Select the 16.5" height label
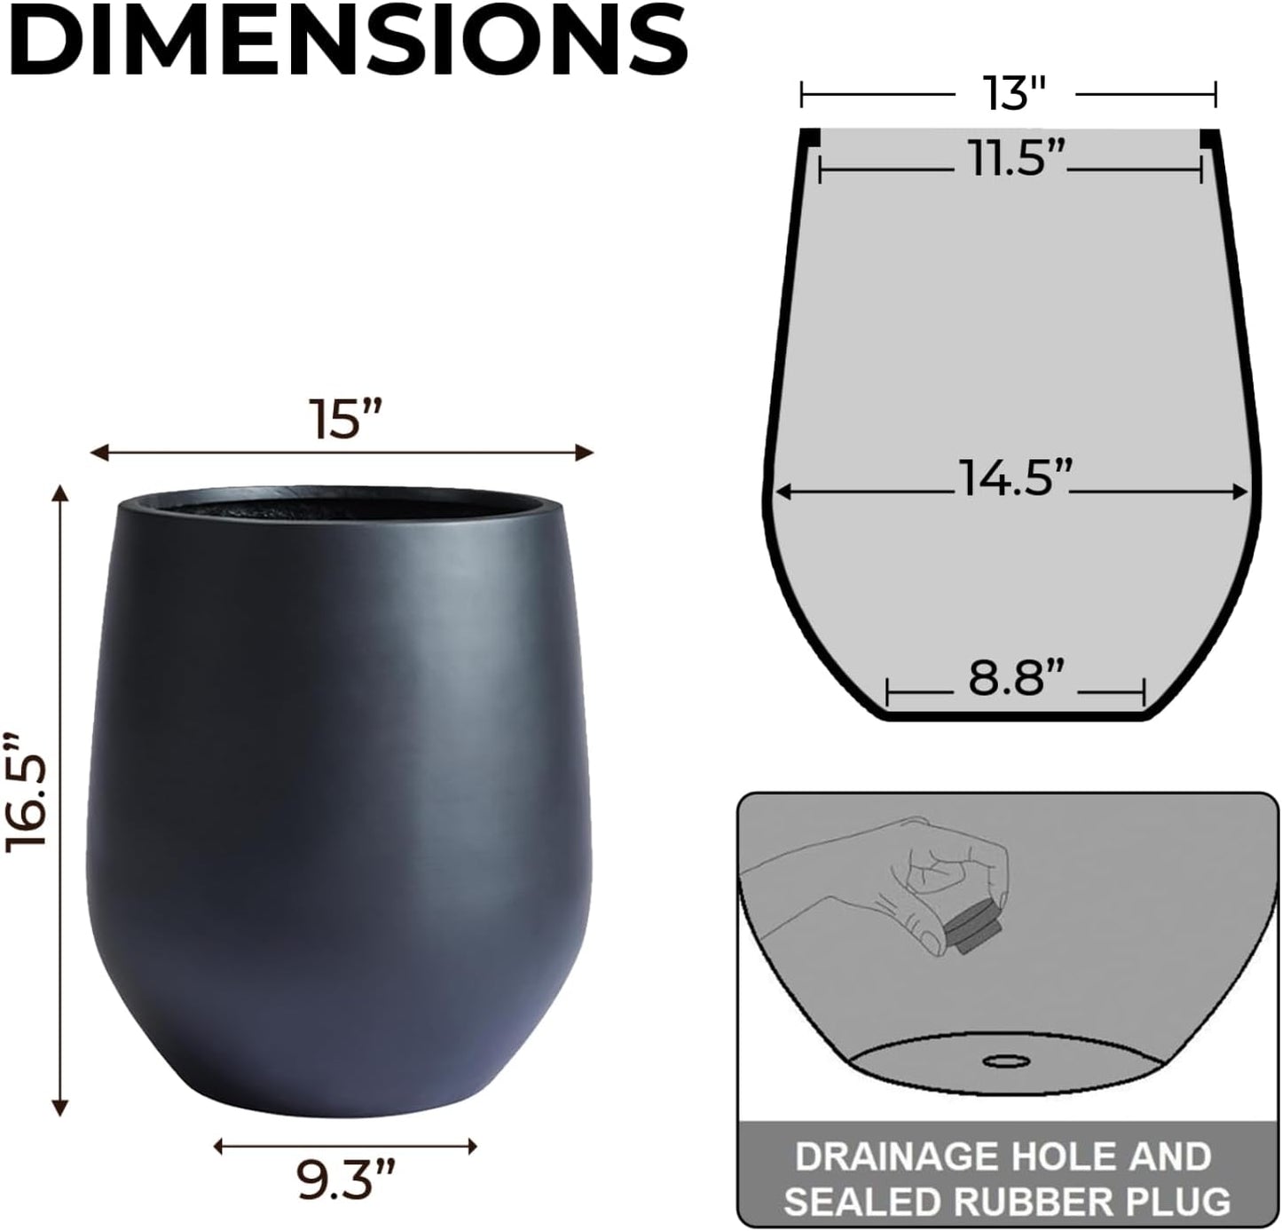[28, 792]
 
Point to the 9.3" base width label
[345, 1180]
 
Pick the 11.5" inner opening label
[1011, 161]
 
